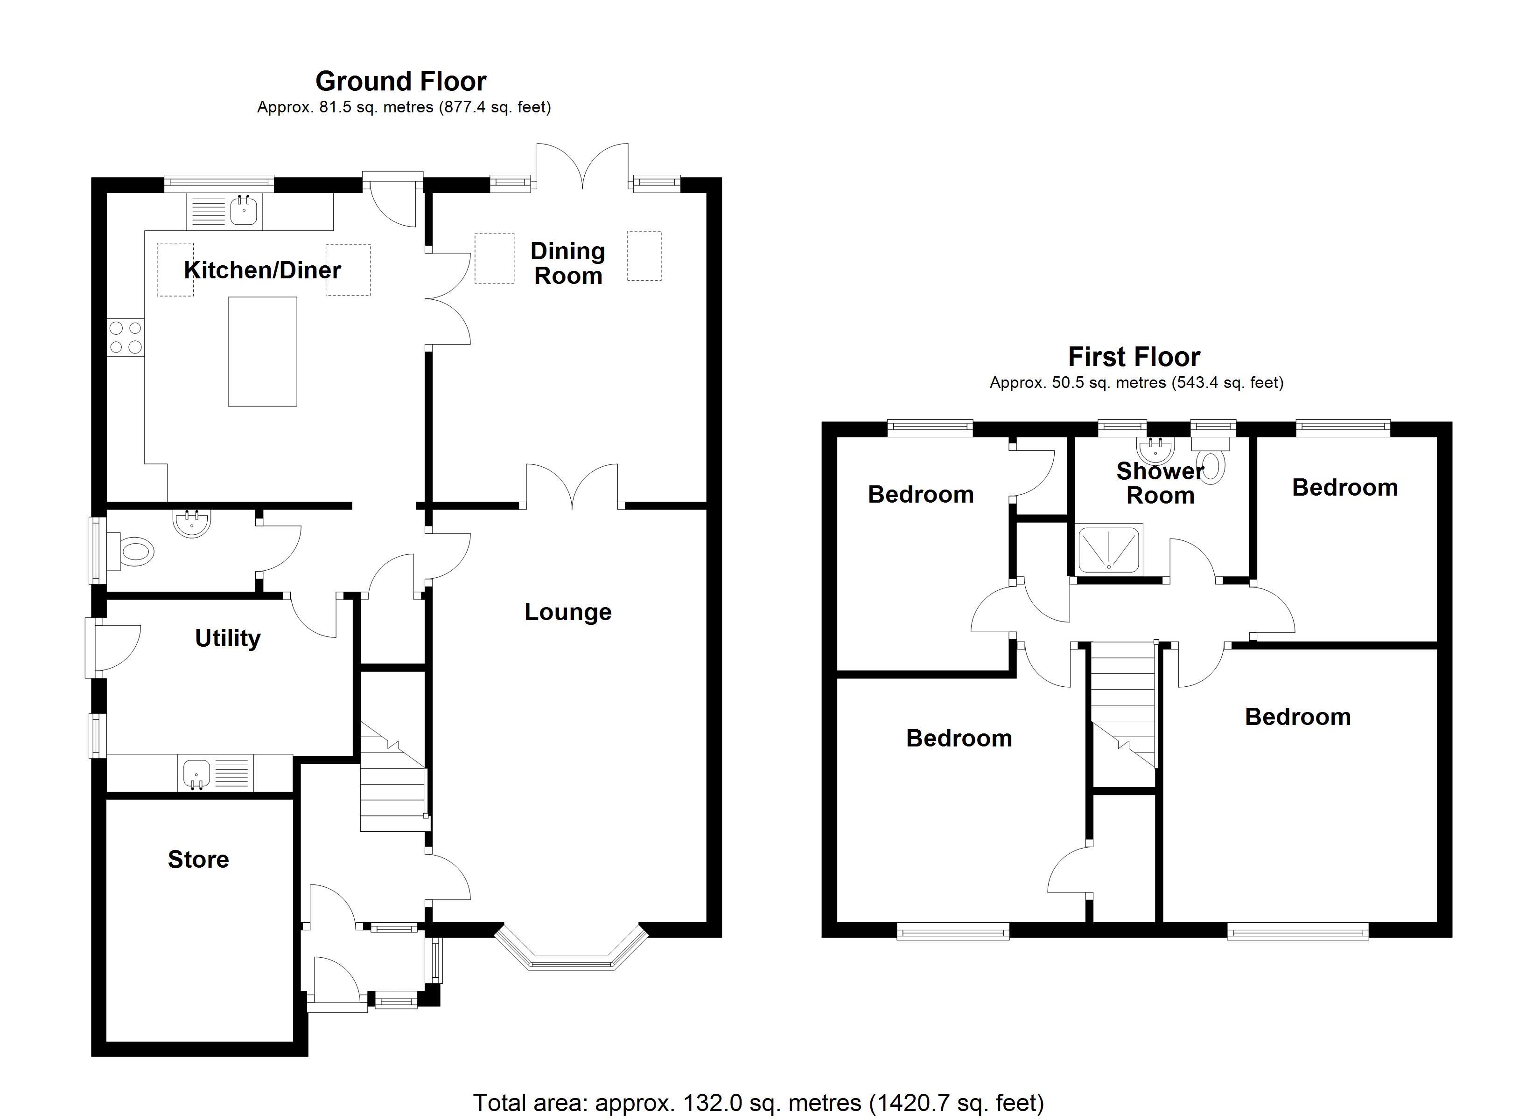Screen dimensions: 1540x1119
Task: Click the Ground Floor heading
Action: coord(400,82)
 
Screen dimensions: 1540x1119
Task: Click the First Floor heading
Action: coord(1134,357)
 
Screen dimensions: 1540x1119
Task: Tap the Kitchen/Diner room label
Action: coord(262,270)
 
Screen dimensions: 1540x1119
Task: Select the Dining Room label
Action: coord(567,263)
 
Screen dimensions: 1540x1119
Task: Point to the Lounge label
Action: coord(567,612)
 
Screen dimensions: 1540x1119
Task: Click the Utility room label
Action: coord(227,639)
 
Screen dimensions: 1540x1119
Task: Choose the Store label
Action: coord(198,860)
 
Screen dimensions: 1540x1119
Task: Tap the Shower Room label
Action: coord(1161,483)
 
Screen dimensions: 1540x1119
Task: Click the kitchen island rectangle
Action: coord(262,352)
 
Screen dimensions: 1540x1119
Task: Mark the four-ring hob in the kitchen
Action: coord(126,338)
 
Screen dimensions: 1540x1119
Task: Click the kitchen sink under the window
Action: coord(244,210)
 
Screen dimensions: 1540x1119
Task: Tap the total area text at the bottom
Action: coord(758,1103)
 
